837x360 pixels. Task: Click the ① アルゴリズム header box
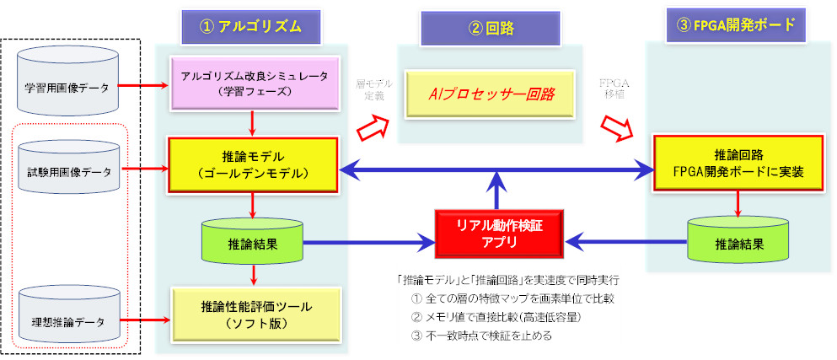[252, 26]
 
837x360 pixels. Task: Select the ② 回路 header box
[492, 27]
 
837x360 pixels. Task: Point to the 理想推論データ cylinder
[67, 320]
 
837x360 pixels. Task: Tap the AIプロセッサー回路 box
[492, 94]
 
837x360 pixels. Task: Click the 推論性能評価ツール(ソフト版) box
[253, 312]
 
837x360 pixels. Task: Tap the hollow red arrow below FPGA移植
[618, 129]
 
